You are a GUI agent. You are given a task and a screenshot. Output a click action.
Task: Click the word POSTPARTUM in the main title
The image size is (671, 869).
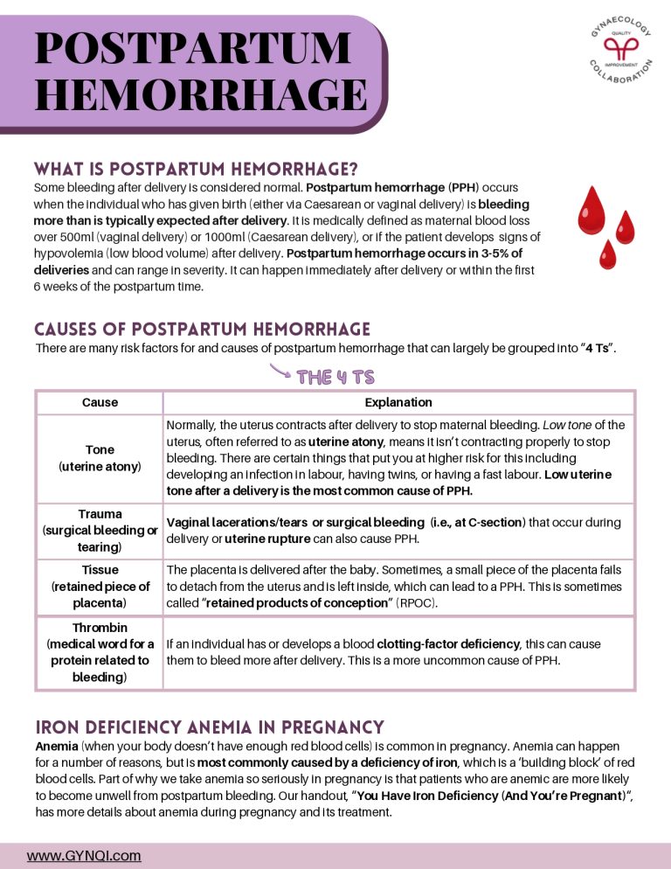coord(192,47)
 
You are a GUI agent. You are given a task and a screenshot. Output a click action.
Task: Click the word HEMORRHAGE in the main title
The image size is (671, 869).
coord(200,94)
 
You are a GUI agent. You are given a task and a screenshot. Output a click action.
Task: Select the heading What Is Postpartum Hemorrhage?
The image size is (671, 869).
coord(196,168)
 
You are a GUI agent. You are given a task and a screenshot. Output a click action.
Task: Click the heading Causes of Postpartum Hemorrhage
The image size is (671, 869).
coord(202,329)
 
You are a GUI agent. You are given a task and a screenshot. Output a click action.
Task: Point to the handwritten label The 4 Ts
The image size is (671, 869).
coord(335,378)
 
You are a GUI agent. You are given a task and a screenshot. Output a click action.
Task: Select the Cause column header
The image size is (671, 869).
coord(100,403)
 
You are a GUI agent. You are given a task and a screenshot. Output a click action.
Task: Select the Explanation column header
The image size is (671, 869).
coord(398,403)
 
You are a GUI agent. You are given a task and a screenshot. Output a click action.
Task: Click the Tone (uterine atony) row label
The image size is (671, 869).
coord(100,458)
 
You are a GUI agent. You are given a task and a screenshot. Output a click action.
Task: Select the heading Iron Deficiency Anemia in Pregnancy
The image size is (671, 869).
coord(210,726)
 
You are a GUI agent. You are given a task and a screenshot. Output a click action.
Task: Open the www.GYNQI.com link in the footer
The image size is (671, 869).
coord(84,856)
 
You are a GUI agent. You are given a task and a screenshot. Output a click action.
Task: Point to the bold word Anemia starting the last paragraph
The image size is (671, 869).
coord(56,747)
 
